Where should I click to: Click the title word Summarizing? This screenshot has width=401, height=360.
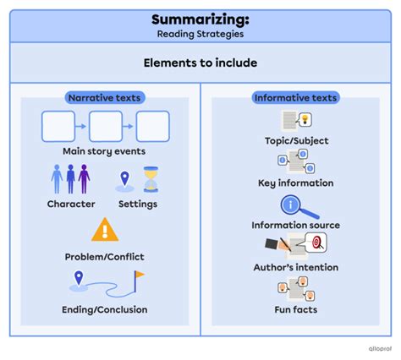[200, 19]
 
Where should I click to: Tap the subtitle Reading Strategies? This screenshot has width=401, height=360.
[200, 35]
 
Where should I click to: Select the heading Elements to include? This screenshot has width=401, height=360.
[200, 63]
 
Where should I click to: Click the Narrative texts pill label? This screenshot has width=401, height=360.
[104, 98]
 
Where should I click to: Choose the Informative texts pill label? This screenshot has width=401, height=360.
[295, 98]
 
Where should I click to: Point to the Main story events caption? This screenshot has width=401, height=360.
[104, 152]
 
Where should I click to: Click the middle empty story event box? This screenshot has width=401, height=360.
[106, 127]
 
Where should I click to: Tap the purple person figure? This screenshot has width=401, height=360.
[84, 179]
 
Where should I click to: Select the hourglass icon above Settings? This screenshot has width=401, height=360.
[151, 179]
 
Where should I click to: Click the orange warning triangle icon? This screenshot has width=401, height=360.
[104, 229]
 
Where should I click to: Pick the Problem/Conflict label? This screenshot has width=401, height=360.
[104, 256]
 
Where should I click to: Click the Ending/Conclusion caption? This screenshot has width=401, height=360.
[104, 309]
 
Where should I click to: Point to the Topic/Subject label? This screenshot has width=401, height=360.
[295, 140]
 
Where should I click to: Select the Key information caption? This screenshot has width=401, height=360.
[295, 183]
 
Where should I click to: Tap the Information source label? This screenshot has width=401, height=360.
[295, 225]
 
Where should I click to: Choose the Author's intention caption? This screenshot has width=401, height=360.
[295, 267]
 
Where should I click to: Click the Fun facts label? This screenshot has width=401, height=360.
[295, 309]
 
